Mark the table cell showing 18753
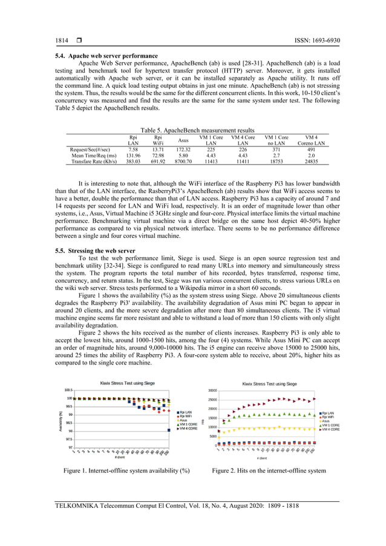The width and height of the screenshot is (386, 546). [x=276, y=162]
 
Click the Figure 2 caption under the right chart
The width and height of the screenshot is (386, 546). [x=269, y=470]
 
